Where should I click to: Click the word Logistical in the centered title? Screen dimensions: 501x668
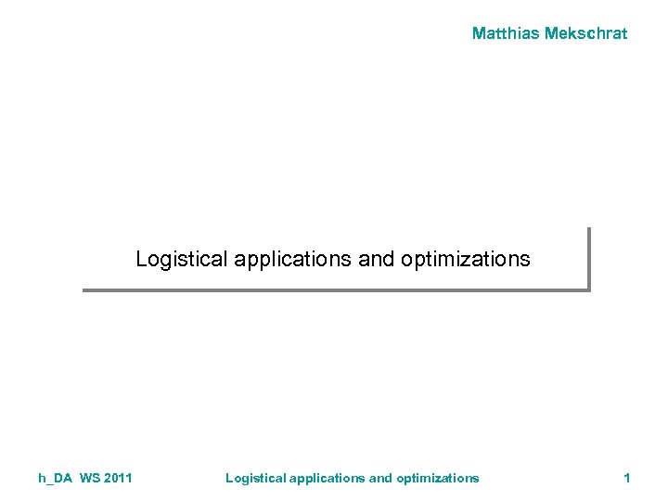click(x=182, y=259)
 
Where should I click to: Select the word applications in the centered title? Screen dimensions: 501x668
click(x=293, y=259)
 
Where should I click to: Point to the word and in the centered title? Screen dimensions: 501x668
click(x=377, y=259)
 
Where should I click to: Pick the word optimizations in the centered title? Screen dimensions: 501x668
click(x=466, y=259)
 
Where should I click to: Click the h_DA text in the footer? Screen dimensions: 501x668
click(x=56, y=478)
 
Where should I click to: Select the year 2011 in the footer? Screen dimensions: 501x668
click(x=119, y=478)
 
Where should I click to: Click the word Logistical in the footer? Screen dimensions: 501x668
click(x=256, y=478)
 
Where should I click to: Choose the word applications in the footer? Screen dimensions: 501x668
click(x=328, y=478)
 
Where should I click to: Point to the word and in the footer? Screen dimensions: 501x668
click(x=381, y=478)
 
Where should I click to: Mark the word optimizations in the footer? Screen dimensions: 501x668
click(x=438, y=478)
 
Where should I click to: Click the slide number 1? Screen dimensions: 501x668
click(x=627, y=478)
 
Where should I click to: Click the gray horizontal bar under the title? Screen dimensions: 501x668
click(x=334, y=290)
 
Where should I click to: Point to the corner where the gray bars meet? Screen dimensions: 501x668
click(x=588, y=290)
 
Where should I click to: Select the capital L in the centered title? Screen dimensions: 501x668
click(x=141, y=259)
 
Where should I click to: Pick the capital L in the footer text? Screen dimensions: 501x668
click(x=230, y=478)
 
